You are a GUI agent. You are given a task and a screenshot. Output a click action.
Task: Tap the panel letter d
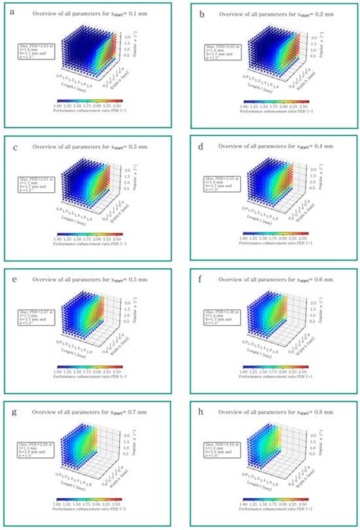pos(201,142)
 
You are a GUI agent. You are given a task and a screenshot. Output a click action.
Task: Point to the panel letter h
pos(201,405)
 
